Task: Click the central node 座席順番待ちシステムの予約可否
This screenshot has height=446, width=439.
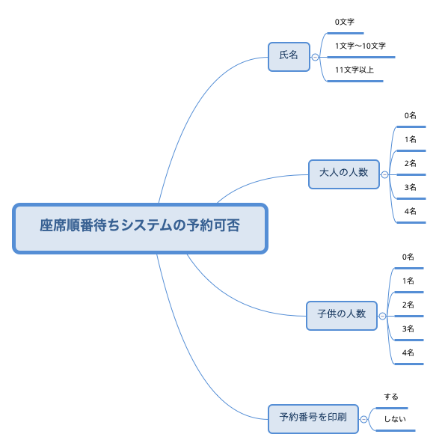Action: pyautogui.click(x=140, y=228)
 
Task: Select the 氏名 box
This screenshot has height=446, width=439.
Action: pyautogui.click(x=289, y=57)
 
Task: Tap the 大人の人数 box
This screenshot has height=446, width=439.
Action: pyautogui.click(x=344, y=174)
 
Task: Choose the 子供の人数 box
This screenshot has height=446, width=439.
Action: pyautogui.click(x=342, y=316)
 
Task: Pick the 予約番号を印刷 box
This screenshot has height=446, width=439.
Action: pyautogui.click(x=313, y=419)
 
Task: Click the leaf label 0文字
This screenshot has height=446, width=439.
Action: pyautogui.click(x=345, y=22)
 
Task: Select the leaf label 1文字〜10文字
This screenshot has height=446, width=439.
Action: pyautogui.click(x=360, y=46)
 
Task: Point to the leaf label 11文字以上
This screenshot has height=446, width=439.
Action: pyautogui.click(x=354, y=70)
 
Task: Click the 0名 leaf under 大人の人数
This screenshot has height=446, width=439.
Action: pyautogui.click(x=411, y=115)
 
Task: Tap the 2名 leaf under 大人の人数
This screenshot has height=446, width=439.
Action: pyautogui.click(x=411, y=163)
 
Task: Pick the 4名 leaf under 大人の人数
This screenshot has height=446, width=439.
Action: pyautogui.click(x=411, y=211)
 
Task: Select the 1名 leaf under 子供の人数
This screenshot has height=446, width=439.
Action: pyautogui.click(x=408, y=281)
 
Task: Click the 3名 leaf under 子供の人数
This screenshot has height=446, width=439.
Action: pyautogui.click(x=408, y=329)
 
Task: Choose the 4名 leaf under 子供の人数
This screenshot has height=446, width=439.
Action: pyautogui.click(x=408, y=352)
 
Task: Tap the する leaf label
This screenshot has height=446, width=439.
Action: pyautogui.click(x=391, y=397)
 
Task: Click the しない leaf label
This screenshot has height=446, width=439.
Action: pyautogui.click(x=395, y=419)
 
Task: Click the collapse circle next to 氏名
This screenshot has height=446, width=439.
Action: pyautogui.click(x=315, y=57)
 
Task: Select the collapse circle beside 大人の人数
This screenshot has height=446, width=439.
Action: pyautogui.click(x=384, y=174)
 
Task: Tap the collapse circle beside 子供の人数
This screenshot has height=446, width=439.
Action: pyautogui.click(x=382, y=316)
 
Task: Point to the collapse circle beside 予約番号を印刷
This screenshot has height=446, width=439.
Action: pyautogui.click(x=363, y=419)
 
